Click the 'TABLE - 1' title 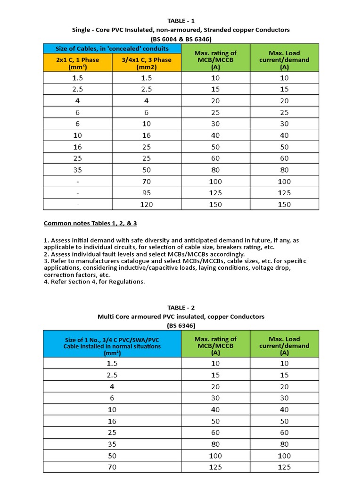[x=181, y=20]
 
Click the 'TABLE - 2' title [x=181, y=308]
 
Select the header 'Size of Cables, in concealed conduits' [x=112, y=49]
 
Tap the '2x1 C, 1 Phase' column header [x=78, y=63]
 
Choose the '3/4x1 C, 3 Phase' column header [x=147, y=63]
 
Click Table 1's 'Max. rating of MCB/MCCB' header [x=215, y=60]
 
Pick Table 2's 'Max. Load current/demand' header [x=284, y=346]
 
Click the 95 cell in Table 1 [x=147, y=192]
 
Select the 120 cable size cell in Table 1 [x=147, y=204]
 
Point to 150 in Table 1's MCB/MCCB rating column [x=215, y=204]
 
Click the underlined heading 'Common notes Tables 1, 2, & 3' [x=90, y=223]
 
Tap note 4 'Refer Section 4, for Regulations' [x=94, y=282]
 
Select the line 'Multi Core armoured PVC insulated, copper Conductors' [x=181, y=316]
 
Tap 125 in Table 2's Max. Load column [x=284, y=467]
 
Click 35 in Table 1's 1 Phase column [x=78, y=169]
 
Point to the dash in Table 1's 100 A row [x=78, y=181]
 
